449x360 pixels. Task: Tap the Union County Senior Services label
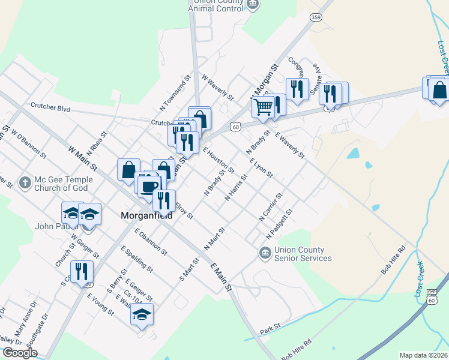(303, 254)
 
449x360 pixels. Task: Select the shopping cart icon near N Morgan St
(263, 107)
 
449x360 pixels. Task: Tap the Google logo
(20, 353)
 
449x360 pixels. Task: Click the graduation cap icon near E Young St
(142, 314)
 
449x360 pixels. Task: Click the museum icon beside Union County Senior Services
(265, 254)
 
